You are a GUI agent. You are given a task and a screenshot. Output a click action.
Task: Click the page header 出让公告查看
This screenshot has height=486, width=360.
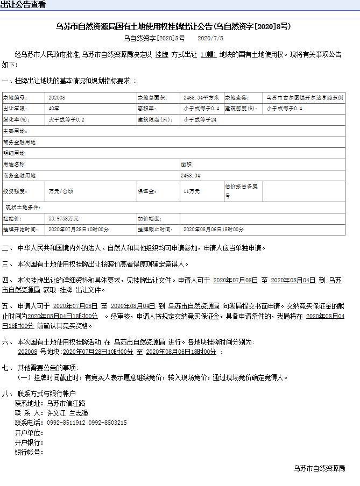[23, 5]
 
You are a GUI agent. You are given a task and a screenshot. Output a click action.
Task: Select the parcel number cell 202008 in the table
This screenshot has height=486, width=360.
[57, 98]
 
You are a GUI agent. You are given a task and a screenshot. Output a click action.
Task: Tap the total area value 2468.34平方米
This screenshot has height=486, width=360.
[201, 98]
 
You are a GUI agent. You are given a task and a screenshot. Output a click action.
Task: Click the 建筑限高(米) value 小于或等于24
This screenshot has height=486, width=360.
[200, 120]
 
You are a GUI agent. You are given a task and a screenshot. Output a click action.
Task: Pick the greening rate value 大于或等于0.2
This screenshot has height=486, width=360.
[66, 120]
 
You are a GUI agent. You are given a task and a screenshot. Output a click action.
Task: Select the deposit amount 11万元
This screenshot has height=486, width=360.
[191, 191]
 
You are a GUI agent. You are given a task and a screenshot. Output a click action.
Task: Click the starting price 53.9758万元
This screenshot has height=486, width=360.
[63, 219]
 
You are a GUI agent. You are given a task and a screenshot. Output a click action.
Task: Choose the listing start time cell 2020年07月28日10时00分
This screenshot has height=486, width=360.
[79, 230]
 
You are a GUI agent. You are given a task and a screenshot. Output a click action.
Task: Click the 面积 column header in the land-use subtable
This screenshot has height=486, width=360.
[186, 163]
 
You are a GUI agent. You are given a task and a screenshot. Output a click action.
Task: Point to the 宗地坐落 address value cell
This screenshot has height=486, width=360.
[305, 98]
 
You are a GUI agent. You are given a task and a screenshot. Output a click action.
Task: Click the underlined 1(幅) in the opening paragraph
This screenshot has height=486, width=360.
[208, 55]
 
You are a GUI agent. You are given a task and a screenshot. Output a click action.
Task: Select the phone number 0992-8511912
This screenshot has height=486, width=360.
[65, 423]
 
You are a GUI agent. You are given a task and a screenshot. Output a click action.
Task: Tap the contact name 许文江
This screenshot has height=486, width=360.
[56, 413]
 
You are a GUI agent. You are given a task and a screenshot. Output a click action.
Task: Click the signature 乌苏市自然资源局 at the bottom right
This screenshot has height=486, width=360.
[319, 468]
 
